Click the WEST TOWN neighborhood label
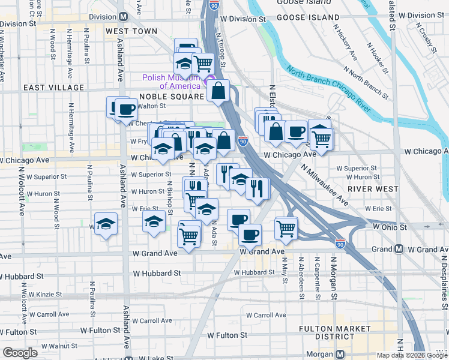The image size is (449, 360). [131, 31]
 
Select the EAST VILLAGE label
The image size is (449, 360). [54, 88]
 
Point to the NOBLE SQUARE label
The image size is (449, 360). [172, 97]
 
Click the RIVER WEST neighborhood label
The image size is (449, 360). [377, 189]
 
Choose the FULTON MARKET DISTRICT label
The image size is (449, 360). [336, 334]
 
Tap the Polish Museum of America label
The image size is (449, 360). [171, 82]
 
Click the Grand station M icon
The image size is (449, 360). [399, 249]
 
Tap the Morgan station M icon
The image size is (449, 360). [340, 354]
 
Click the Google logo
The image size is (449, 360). [20, 353]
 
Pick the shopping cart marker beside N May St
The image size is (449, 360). [286, 228]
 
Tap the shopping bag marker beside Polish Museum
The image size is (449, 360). [219, 91]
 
